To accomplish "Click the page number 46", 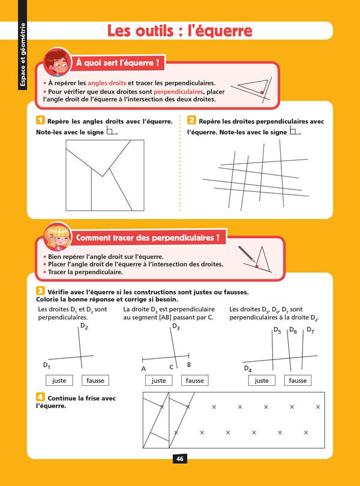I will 179,459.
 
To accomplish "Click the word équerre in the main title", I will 218,31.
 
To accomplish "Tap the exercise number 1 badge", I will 40,121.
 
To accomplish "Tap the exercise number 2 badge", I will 191,121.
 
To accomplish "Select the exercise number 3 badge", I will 40,291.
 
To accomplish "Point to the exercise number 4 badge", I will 40,397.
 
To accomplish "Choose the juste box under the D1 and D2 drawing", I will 59,380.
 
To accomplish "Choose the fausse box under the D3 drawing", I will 194,380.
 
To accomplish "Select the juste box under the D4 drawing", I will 262,380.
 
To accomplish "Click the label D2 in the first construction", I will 84,327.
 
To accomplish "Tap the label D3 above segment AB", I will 176,327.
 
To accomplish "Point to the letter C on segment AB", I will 171,367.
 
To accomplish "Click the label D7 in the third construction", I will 310,330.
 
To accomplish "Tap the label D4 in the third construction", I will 247,369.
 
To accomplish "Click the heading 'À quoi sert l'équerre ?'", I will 118,62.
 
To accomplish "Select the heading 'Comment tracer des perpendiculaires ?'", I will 148,238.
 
